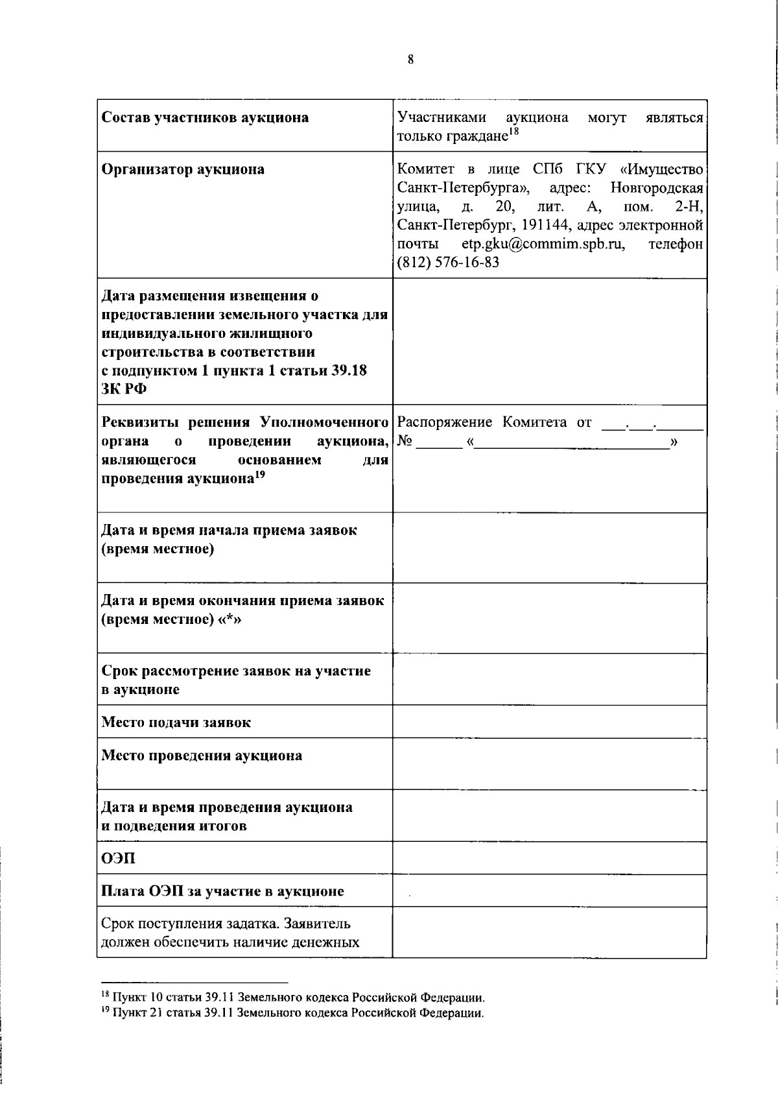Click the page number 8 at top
click(x=410, y=60)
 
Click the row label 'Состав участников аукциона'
click(x=206, y=117)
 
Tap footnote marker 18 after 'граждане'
click(x=513, y=132)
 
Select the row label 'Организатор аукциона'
click(x=183, y=169)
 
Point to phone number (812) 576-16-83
click(x=448, y=263)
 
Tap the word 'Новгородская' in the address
click(x=657, y=188)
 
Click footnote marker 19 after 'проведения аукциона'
click(x=260, y=475)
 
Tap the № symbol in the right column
click(x=405, y=442)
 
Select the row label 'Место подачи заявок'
click(x=176, y=722)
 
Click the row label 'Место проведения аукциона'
click(x=202, y=756)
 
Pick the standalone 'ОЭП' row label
click(x=119, y=858)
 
